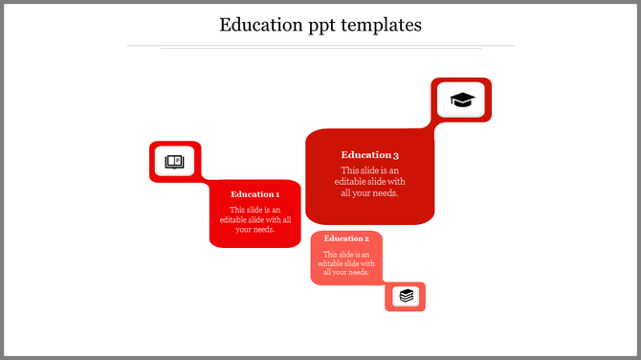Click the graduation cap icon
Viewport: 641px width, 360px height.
coord(462,100)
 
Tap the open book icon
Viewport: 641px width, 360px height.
coord(174,162)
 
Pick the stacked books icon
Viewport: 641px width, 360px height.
coord(407,296)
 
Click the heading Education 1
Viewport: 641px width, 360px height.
coord(255,194)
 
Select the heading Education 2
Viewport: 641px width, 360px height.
coord(346,238)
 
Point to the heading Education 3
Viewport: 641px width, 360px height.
coord(369,154)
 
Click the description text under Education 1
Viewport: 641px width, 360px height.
coord(255,219)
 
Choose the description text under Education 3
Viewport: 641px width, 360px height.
coord(369,182)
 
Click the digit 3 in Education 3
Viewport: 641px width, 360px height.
coord(395,154)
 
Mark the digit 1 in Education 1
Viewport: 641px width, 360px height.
coord(277,194)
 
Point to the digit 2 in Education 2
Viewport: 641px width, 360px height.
coord(365,238)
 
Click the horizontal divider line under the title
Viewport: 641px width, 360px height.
coord(320,46)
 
